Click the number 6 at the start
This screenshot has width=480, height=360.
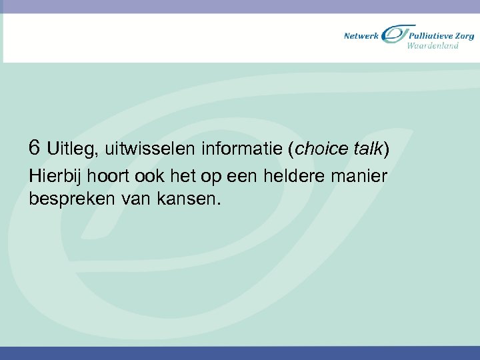pos(36,147)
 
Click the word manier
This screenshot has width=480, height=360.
pos(364,177)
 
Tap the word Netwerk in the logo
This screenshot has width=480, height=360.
pos(361,35)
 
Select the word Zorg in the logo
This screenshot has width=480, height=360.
pos(465,35)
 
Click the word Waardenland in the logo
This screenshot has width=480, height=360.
pos(433,46)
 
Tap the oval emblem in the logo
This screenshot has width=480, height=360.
pos(395,34)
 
